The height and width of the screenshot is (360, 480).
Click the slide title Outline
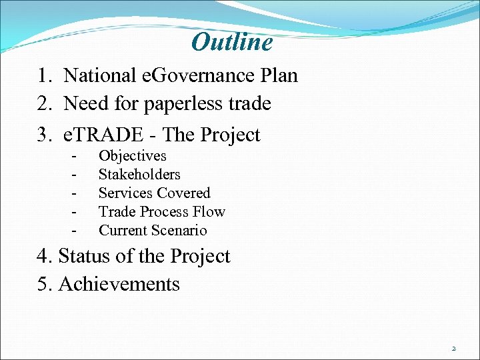(232, 43)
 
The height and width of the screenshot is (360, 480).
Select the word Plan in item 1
(279, 75)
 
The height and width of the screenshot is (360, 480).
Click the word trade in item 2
(249, 104)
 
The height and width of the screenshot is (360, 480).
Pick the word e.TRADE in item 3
(101, 135)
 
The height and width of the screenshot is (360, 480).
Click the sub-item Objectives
(132, 157)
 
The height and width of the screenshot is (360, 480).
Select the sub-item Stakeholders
(139, 175)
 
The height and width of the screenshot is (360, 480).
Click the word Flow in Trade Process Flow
(210, 212)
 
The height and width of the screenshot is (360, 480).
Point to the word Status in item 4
(83, 256)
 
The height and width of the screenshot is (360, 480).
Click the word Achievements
(119, 285)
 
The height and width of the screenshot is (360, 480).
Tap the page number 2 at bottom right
(453, 348)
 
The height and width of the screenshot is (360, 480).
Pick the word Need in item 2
(84, 104)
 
